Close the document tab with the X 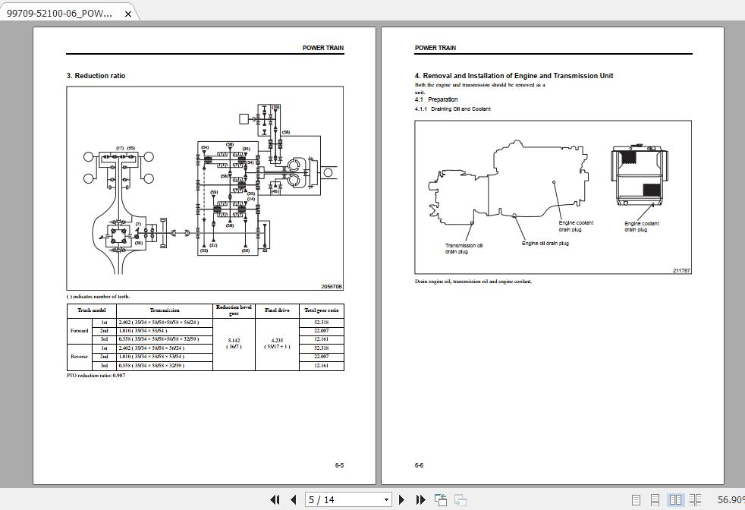[x=128, y=14]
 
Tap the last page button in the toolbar [x=420, y=499]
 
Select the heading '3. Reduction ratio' [x=96, y=76]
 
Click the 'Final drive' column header [x=276, y=310]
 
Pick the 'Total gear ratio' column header [x=321, y=310]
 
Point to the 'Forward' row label [x=79, y=331]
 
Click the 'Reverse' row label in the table [x=79, y=357]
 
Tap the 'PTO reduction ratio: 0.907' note [x=96, y=376]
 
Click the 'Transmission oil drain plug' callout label [x=464, y=248]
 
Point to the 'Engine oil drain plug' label [x=545, y=244]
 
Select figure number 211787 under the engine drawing [x=681, y=270]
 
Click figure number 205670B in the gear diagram [x=332, y=287]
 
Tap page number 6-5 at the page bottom [x=339, y=465]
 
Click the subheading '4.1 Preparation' [x=436, y=99]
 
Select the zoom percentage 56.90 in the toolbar [x=730, y=499]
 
